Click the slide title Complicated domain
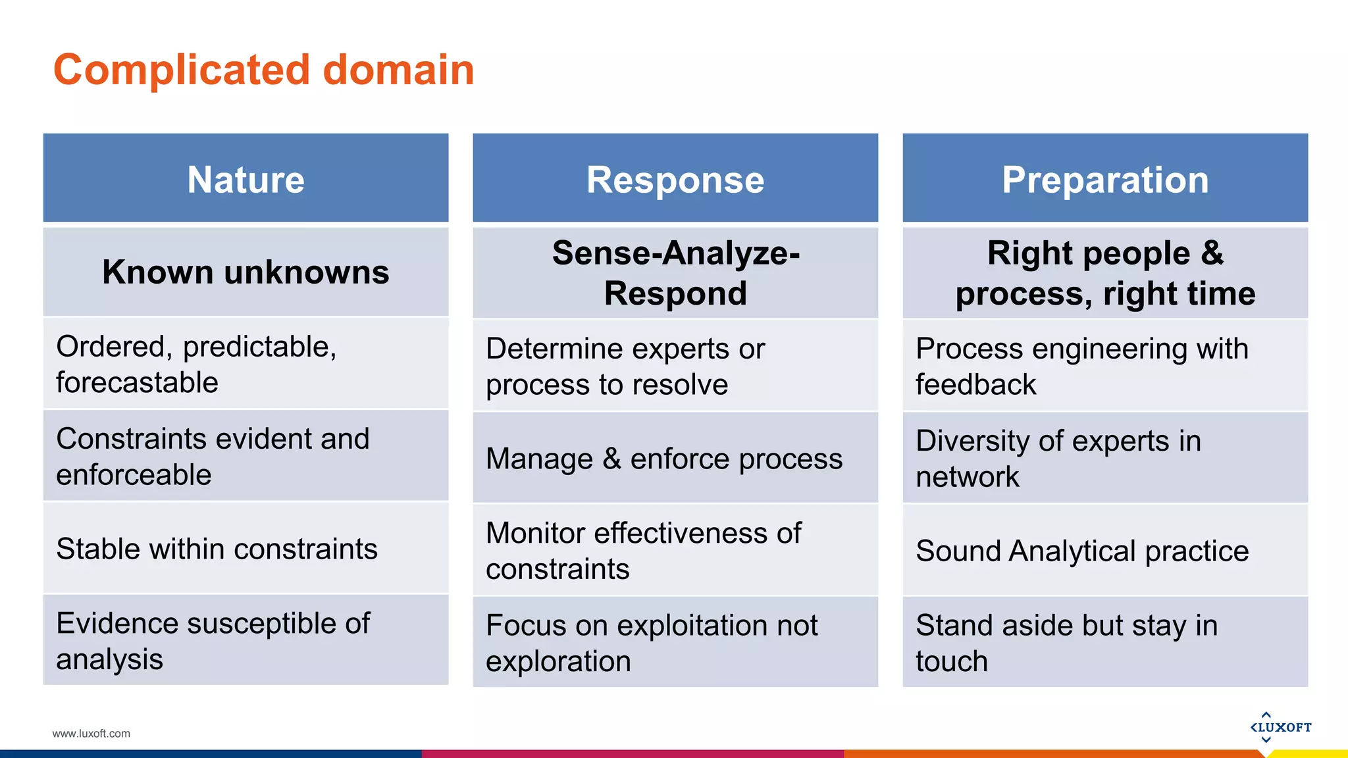click(x=263, y=70)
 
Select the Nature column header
click(x=246, y=179)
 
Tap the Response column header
click(x=675, y=179)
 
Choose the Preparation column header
click(x=1105, y=179)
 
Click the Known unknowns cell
click(x=246, y=272)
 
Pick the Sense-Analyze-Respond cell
click(x=675, y=272)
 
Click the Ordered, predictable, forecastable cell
click(x=246, y=364)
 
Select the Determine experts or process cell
click(x=675, y=366)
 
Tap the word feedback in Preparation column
click(x=975, y=385)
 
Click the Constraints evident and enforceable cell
click(x=246, y=456)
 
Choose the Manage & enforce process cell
click(x=675, y=459)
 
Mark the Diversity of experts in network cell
click(x=1105, y=458)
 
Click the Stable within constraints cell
click(x=246, y=549)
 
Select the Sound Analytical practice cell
click(x=1105, y=551)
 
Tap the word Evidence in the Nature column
click(x=117, y=623)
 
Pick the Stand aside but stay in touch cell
click(x=1105, y=642)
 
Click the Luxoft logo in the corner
click(x=1280, y=727)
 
